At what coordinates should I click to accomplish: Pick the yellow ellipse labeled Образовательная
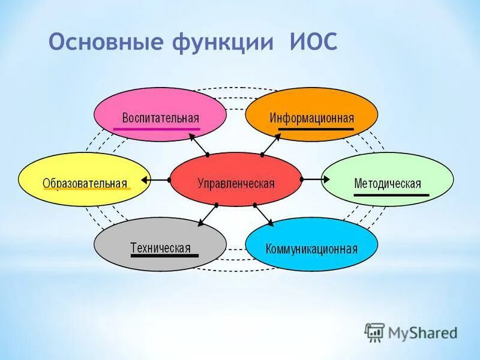coord(84,179)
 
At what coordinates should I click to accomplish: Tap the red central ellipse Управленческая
coord(236,179)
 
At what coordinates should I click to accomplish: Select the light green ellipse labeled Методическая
coord(387,179)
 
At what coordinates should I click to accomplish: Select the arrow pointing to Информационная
coord(271,144)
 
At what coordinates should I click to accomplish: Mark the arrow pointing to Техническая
coord(207,215)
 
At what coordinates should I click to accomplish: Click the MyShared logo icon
coord(375,332)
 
